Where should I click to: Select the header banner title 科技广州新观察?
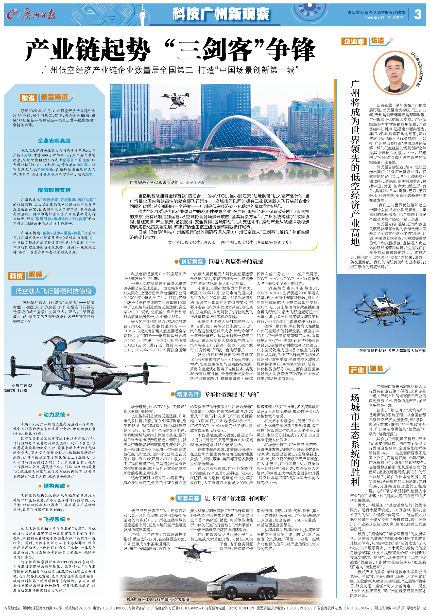[x=220, y=14]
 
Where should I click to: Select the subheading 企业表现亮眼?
[x=54, y=141]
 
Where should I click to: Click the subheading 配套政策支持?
[x=54, y=190]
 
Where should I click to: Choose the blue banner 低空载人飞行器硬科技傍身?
[x=54, y=291]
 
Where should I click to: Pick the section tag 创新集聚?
[x=192, y=262]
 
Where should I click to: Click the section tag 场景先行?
[x=188, y=394]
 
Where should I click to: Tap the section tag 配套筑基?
[x=188, y=498]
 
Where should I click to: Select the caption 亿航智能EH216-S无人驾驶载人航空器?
[x=392, y=351]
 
